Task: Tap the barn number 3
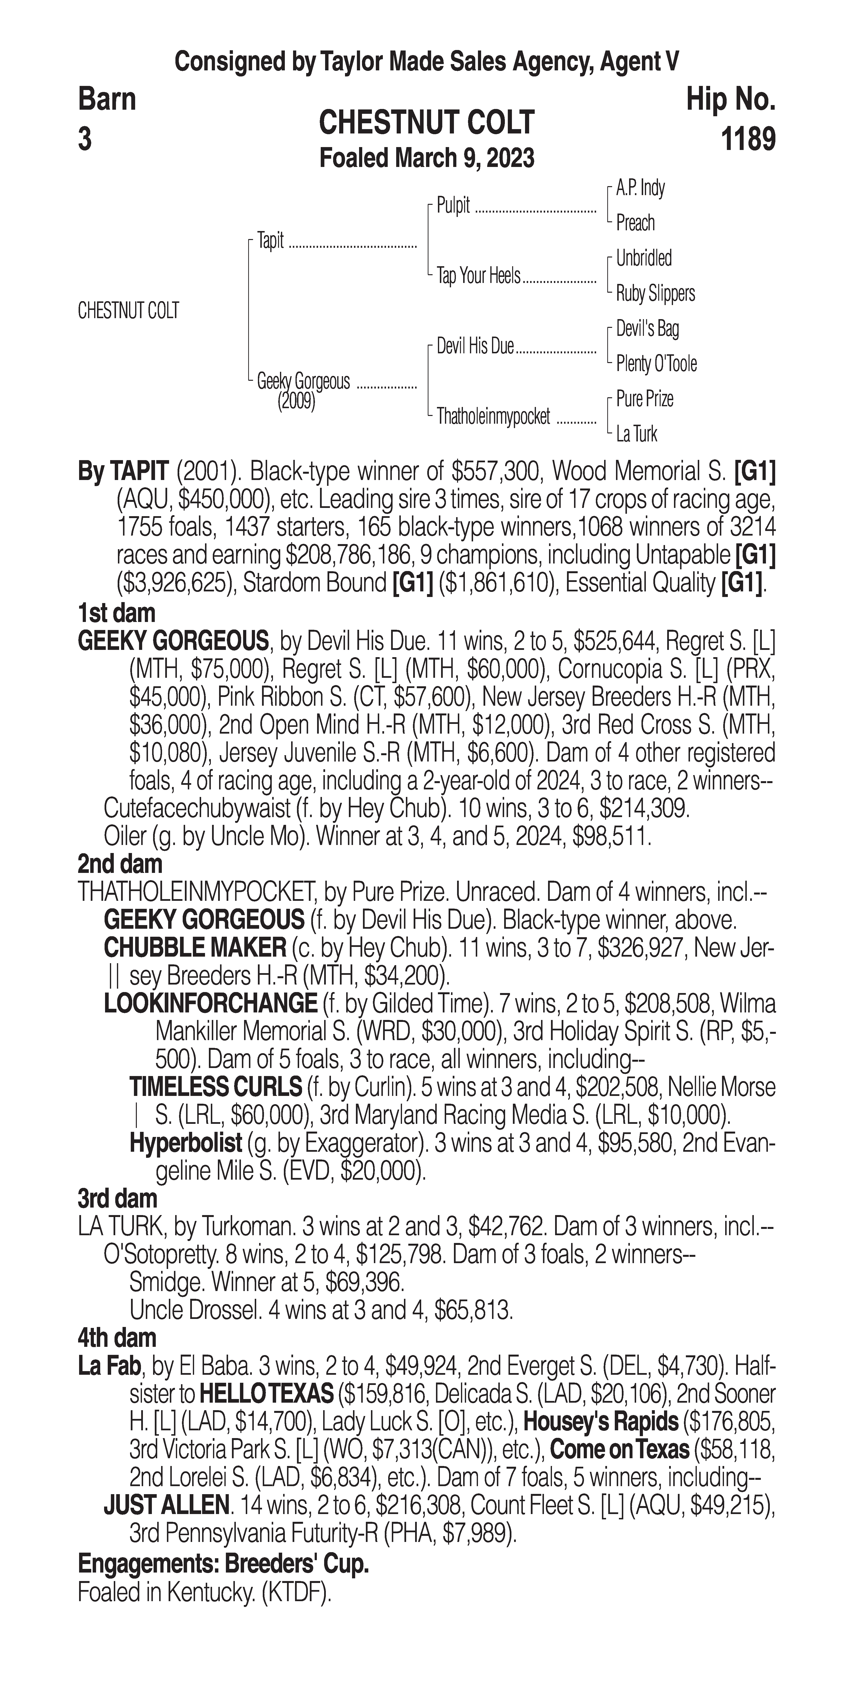(x=85, y=140)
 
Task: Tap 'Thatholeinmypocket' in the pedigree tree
(x=493, y=417)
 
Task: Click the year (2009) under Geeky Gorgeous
(x=296, y=401)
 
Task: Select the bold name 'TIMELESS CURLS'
(x=216, y=1087)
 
